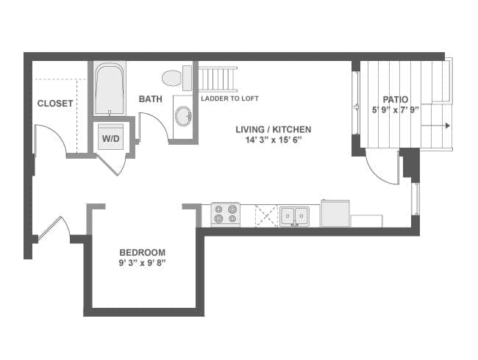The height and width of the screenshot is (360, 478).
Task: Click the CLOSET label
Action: click(55, 104)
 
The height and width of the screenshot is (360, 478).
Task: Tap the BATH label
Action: click(150, 98)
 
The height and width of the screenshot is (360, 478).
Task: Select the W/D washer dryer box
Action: click(111, 137)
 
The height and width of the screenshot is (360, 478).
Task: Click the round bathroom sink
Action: click(183, 115)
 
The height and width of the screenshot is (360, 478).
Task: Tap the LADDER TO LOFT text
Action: click(229, 98)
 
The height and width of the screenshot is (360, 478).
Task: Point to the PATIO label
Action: click(395, 100)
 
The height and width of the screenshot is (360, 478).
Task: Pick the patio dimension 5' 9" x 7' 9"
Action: click(395, 110)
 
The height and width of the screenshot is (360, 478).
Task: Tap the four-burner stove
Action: click(225, 215)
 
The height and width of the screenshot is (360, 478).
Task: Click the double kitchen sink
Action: click(294, 216)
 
